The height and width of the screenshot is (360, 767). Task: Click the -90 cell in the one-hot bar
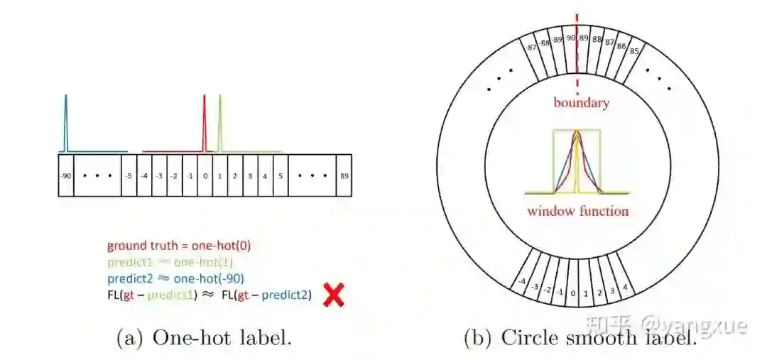coord(66,175)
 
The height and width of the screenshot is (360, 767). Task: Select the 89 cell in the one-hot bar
coord(344,175)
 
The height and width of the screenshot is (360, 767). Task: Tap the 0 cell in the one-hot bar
coord(205,175)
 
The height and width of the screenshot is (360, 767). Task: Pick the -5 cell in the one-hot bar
coord(129,175)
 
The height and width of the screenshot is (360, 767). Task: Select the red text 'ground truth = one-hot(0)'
coord(179,246)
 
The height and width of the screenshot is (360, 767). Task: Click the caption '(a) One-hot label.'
coord(204,338)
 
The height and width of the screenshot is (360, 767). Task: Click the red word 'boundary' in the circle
coord(582,103)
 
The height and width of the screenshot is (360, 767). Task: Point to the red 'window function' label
coord(577,211)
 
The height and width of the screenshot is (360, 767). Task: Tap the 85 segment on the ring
coord(634,50)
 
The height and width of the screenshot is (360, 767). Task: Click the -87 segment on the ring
coord(533,47)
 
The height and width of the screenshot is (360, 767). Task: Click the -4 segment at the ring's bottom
coord(522,281)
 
